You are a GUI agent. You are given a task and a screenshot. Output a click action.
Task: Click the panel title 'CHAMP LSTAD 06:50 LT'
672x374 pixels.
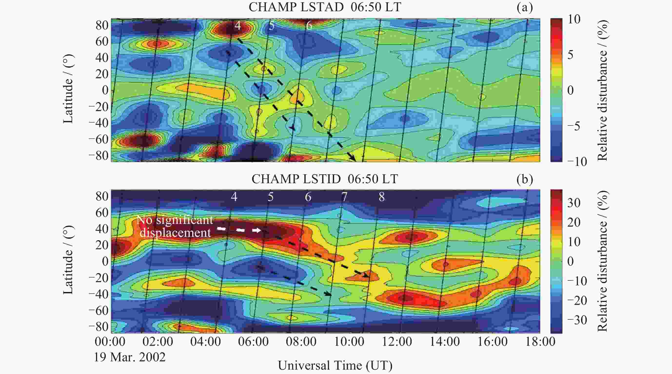click(325, 7)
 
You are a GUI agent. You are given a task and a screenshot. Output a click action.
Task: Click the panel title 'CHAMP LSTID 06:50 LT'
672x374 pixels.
click(325, 179)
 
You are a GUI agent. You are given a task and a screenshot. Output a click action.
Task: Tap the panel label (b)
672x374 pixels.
click(525, 179)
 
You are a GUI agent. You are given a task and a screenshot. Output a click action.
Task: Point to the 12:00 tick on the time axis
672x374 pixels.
click(397, 342)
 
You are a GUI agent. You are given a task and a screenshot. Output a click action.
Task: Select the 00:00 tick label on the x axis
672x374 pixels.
click(110, 342)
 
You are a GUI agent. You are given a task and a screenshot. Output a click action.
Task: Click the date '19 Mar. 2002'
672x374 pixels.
click(130, 357)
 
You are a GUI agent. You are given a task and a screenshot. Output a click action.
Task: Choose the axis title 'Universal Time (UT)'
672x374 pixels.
click(335, 365)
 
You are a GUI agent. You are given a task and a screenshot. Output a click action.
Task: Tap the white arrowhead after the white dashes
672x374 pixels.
click(257, 230)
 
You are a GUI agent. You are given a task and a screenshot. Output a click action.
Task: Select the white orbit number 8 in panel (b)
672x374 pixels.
click(382, 197)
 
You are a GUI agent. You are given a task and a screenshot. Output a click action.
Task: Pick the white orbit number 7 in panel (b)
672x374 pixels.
click(344, 197)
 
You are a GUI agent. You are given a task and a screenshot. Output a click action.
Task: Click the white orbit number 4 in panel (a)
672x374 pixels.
click(237, 26)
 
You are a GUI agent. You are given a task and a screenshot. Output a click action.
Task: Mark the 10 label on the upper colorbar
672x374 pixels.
click(574, 19)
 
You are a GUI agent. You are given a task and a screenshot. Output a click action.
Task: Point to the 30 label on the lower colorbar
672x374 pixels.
click(574, 203)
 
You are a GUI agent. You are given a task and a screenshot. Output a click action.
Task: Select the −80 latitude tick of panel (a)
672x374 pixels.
click(99, 156)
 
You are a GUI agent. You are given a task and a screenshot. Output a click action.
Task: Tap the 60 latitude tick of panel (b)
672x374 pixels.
click(102, 213)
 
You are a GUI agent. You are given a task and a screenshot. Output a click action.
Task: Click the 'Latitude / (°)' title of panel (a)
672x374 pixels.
click(68, 89)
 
